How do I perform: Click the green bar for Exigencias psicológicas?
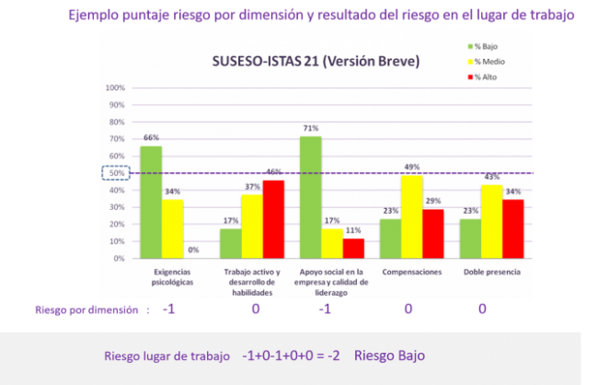pyautogui.click(x=151, y=203)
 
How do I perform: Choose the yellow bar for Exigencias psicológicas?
pyautogui.click(x=172, y=229)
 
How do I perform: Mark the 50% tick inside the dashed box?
pyautogui.click(x=116, y=173)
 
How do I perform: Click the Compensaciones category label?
pyautogui.click(x=411, y=273)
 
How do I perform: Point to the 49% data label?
pyautogui.click(x=412, y=167)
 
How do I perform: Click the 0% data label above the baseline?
pyautogui.click(x=193, y=250)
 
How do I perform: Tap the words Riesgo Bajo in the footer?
pyautogui.click(x=390, y=355)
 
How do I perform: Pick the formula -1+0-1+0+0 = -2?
pyautogui.click(x=291, y=355)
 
